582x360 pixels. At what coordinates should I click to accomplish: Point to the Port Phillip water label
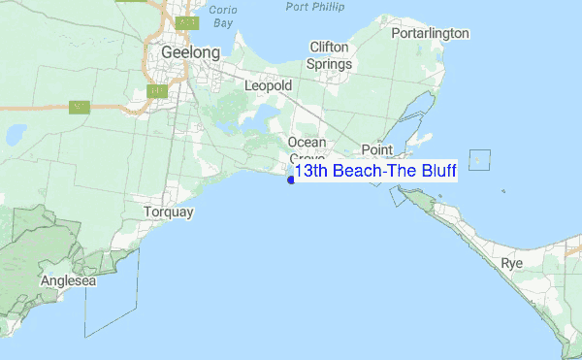[316, 7]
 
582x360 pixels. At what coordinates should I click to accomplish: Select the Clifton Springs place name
[329, 55]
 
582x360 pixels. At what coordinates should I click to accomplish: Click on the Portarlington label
[430, 33]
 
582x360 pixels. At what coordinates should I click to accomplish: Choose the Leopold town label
[268, 86]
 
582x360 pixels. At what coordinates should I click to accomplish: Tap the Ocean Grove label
[307, 149]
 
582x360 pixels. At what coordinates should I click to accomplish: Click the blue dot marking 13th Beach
[291, 179]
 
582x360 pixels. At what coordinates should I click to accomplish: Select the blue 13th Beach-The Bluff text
[375, 171]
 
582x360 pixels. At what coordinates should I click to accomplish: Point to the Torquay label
[169, 212]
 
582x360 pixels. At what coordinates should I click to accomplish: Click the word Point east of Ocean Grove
[376, 149]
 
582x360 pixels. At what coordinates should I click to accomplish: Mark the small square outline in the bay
[479, 160]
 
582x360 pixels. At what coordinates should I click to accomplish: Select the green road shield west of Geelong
[81, 105]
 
